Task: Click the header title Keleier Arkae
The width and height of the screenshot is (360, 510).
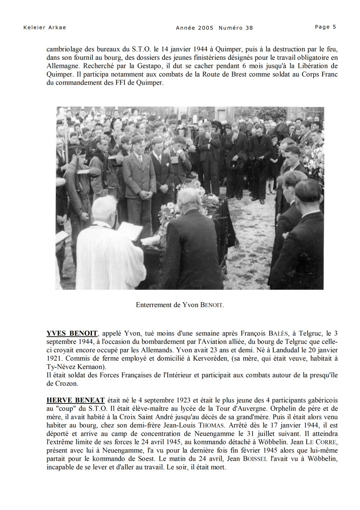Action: (x=44, y=28)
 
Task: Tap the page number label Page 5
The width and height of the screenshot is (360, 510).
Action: (x=325, y=27)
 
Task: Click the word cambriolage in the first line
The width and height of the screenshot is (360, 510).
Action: (x=64, y=49)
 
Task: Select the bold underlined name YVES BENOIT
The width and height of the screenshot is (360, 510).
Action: (x=72, y=333)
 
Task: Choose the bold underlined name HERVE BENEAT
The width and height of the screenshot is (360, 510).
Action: (x=75, y=400)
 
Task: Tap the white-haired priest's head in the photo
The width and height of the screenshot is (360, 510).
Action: (x=104, y=208)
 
